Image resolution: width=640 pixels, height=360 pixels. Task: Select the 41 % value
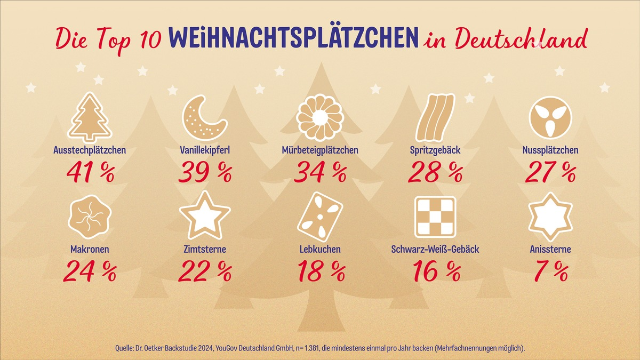coord(90,172)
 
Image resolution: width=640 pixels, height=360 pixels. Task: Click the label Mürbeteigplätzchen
coord(320,150)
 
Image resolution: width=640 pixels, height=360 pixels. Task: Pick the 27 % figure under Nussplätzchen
coord(550,172)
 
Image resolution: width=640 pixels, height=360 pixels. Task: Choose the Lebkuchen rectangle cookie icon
coord(320,217)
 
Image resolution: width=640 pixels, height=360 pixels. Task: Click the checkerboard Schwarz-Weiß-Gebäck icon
coord(435,217)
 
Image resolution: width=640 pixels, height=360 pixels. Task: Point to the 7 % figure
coord(550,271)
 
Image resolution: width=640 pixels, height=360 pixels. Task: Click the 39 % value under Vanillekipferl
coord(205,172)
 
